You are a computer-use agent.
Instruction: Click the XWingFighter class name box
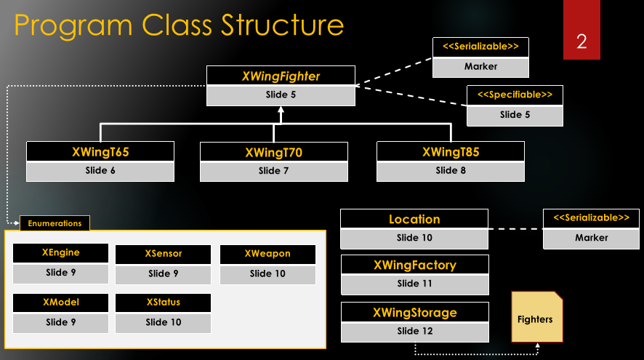281,76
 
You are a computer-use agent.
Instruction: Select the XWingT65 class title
100,152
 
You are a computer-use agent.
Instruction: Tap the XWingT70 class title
273,153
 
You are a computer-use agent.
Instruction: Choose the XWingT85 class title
451,152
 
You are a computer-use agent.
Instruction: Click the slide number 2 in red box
581,41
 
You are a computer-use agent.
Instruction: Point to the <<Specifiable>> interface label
515,95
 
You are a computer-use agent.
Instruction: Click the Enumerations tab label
55,223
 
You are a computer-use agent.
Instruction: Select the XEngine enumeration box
61,253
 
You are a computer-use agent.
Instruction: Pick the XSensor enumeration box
164,254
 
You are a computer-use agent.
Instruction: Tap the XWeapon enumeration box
267,254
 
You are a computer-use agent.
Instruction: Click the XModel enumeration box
61,303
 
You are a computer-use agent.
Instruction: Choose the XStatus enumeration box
164,303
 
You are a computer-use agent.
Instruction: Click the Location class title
414,219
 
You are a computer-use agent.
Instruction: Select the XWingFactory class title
414,265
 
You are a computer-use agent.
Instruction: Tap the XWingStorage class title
414,313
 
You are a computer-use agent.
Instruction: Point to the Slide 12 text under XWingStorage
414,331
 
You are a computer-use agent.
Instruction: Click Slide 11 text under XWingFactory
414,284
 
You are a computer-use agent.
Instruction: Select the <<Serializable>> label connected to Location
591,218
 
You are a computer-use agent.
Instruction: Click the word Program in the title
73,25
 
